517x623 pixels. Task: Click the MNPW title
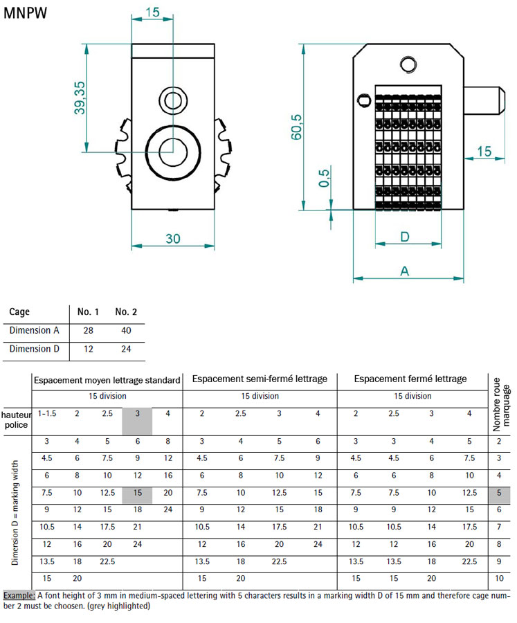point(25,14)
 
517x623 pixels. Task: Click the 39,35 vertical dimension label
point(80,98)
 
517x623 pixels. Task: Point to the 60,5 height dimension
point(297,127)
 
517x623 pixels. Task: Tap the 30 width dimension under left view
point(172,239)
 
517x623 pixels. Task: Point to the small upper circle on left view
point(172,100)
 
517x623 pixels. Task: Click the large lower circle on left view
point(172,149)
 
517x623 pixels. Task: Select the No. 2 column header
point(126,312)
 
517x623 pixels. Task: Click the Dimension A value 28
point(89,331)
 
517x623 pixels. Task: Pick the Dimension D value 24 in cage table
point(126,350)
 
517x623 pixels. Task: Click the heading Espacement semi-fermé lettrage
point(260,379)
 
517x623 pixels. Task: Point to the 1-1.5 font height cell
point(47,413)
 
